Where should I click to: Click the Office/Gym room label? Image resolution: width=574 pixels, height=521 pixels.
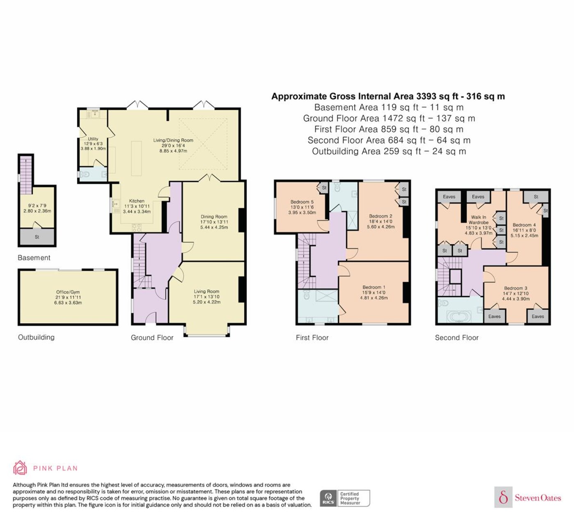pos(68,292)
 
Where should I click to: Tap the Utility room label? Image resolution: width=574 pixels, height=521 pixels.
pos(93,139)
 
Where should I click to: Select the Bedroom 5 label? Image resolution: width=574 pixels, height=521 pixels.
pos(302,202)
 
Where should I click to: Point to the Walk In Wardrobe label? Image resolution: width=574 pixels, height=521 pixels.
pos(478,220)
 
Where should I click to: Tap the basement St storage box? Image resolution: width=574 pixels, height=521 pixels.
pos(37,237)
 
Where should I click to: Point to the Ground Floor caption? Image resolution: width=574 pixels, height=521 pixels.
pos(152,338)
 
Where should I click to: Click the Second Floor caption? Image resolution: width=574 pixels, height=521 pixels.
pos(457,338)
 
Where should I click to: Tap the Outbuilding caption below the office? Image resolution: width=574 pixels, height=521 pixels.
pos(36,337)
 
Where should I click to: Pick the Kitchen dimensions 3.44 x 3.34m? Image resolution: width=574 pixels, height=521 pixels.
pos(137,212)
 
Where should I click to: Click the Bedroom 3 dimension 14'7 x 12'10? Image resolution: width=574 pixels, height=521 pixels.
pos(516,294)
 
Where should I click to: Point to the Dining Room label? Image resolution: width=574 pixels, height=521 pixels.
pos(214,217)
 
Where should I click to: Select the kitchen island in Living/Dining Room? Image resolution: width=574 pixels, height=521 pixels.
pos(137,158)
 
